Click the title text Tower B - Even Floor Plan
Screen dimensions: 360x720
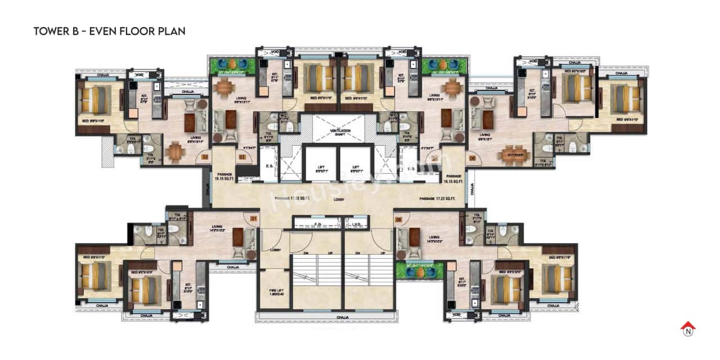pyautogui.click(x=109, y=31)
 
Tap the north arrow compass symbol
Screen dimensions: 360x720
pyautogui.click(x=687, y=328)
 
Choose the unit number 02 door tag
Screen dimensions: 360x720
pyautogui.click(x=205, y=158)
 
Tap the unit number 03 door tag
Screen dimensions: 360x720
pyautogui.click(x=242, y=157)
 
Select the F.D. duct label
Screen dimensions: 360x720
pyautogui.click(x=317, y=224)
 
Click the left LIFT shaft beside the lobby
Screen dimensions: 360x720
pyautogui.click(x=319, y=167)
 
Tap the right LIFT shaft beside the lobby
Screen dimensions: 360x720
pyautogui.click(x=356, y=167)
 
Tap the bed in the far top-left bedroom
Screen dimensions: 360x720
pyautogui.click(x=95, y=100)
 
